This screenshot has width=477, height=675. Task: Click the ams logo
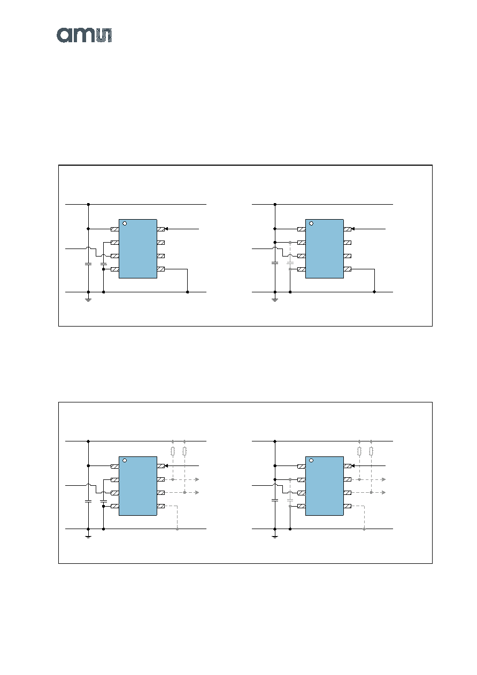click(x=84, y=35)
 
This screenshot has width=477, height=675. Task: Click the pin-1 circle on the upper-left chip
click(x=125, y=223)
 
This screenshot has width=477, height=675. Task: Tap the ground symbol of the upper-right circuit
click(x=275, y=299)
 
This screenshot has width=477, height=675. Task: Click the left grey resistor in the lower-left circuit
click(x=173, y=451)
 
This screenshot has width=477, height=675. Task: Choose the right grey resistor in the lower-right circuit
click(x=371, y=451)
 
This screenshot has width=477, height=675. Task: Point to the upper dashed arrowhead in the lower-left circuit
click(x=197, y=479)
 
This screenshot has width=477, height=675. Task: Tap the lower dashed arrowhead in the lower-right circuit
click(x=384, y=492)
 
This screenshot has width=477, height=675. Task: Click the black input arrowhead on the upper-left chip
click(x=166, y=229)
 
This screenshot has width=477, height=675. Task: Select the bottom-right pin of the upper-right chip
click(x=348, y=269)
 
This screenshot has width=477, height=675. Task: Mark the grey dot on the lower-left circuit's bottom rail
click(x=178, y=529)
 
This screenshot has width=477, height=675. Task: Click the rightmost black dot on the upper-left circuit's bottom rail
click(x=188, y=292)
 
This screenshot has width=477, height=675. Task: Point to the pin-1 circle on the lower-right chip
click(x=311, y=461)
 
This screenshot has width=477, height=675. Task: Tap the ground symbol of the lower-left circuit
click(x=88, y=537)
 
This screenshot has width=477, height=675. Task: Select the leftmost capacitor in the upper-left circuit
click(x=88, y=263)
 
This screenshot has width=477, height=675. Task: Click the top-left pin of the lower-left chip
click(x=115, y=466)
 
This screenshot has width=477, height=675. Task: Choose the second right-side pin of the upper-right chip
click(x=348, y=243)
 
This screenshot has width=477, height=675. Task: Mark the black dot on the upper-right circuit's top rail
click(x=275, y=204)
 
